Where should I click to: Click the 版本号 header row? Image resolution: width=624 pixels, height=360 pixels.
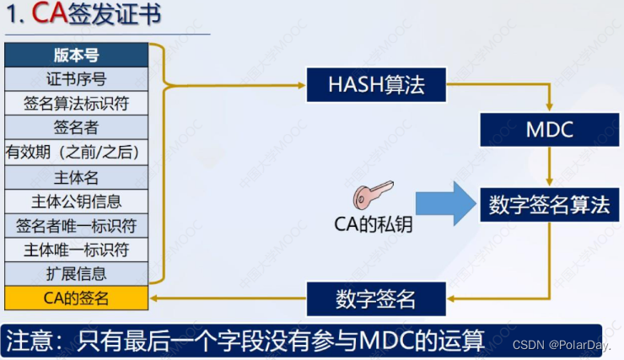(76, 56)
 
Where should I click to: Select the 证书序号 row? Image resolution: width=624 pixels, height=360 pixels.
(76, 80)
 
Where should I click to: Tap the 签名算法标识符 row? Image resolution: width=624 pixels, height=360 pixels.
(76, 104)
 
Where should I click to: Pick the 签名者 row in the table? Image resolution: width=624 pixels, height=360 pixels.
(76, 128)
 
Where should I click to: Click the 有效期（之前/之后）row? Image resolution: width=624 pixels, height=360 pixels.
(76, 153)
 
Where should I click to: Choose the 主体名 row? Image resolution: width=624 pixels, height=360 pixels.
(76, 177)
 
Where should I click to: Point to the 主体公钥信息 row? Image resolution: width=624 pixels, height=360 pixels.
(76, 201)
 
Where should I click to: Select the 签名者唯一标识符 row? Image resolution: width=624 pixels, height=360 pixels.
(76, 226)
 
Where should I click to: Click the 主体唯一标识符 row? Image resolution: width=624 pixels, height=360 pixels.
(76, 250)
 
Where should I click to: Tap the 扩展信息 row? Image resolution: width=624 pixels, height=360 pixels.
(76, 274)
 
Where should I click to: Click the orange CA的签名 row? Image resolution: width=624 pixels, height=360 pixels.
(76, 298)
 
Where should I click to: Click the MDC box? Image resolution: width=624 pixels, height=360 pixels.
(550, 130)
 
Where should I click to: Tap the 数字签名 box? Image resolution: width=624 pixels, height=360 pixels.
(375, 298)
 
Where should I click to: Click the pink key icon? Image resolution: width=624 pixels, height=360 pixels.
(372, 195)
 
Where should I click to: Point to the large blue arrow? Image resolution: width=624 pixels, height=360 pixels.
(446, 203)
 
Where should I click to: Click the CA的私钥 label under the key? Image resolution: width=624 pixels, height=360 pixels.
(372, 225)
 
